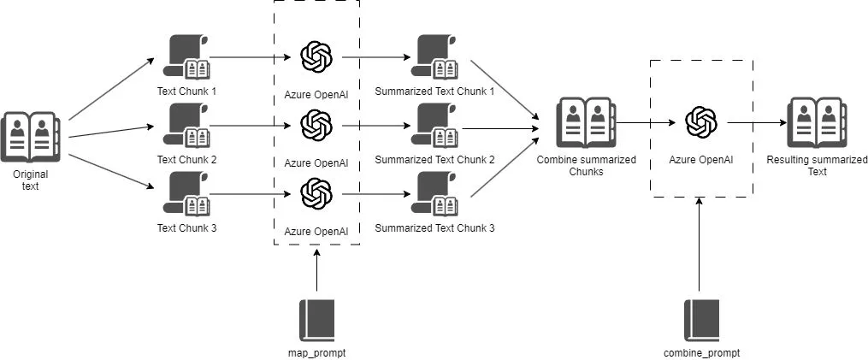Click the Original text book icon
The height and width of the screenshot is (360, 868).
[x=31, y=137]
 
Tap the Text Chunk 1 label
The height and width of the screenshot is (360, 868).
[x=186, y=91]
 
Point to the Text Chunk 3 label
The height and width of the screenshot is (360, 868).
[x=186, y=227]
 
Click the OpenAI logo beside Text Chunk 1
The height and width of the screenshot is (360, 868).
[x=316, y=57]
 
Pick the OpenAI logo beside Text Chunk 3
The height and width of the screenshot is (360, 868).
[x=316, y=194]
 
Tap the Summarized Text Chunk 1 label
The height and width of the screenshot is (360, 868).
[x=434, y=91]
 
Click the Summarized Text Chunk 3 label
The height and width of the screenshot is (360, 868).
[x=434, y=227]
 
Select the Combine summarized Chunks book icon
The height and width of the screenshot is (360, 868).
[x=587, y=122]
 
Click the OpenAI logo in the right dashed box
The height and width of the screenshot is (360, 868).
[x=701, y=122]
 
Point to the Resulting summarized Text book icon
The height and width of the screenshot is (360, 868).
[x=817, y=122]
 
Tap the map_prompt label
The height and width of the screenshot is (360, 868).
[x=316, y=353]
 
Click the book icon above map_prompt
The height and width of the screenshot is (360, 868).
[x=316, y=321]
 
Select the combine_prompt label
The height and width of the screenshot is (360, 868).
[x=701, y=353]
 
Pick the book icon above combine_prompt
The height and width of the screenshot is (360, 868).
[x=701, y=321]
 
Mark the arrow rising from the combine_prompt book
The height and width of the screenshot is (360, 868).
[x=700, y=245]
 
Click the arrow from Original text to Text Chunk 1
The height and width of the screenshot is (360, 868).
[x=111, y=89]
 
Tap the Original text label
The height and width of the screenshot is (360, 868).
[x=31, y=180]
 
